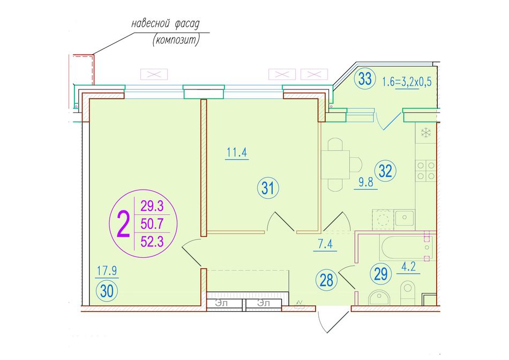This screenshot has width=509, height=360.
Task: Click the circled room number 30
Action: (107, 291)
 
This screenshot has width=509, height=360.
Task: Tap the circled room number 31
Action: (268, 188)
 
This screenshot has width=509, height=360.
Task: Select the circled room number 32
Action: (385, 171)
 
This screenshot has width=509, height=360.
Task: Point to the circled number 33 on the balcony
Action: (365, 79)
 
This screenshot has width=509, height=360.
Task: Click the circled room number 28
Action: (326, 280)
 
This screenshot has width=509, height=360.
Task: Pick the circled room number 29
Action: (381, 274)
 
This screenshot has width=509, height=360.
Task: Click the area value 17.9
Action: (107, 270)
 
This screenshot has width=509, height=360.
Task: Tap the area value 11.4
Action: (237, 152)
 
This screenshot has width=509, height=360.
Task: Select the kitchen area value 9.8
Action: (366, 182)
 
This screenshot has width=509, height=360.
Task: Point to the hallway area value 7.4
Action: (325, 243)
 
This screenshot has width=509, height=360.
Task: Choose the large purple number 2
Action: (123, 224)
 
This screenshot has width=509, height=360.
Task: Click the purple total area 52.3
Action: (152, 241)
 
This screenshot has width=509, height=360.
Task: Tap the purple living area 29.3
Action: (152, 206)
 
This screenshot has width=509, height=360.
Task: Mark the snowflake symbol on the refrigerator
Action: (425, 132)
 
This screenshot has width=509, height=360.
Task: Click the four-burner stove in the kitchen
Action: (426, 171)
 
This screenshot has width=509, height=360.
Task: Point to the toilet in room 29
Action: (407, 292)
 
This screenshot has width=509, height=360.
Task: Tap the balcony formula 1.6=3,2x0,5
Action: (407, 81)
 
